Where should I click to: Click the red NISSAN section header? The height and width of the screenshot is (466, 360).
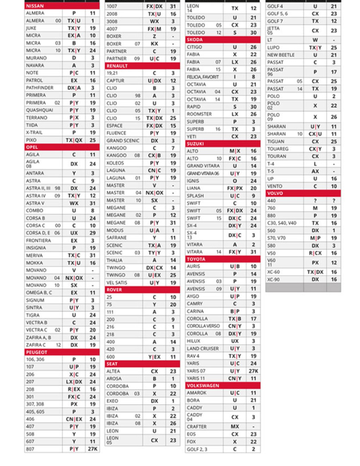(x=62, y=6)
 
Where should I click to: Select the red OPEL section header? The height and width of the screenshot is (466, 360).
(x=62, y=147)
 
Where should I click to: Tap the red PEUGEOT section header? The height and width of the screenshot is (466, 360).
(x=62, y=352)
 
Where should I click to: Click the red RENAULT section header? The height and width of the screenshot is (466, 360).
(x=142, y=66)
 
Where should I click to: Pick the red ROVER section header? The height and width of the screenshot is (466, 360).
(x=142, y=290)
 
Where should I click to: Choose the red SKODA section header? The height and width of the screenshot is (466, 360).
(x=223, y=40)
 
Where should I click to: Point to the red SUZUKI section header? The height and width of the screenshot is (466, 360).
(x=223, y=144)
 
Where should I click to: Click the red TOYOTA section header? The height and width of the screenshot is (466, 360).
(x=223, y=259)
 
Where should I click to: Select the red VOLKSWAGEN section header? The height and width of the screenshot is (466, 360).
(x=223, y=386)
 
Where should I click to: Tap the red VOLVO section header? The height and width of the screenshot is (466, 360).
(x=303, y=193)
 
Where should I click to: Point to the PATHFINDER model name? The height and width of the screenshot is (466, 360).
(x=39, y=88)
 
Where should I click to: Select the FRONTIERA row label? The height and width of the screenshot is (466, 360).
(x=38, y=241)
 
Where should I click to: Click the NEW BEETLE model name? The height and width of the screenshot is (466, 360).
(x=281, y=55)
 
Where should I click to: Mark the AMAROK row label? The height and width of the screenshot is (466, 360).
(x=196, y=393)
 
